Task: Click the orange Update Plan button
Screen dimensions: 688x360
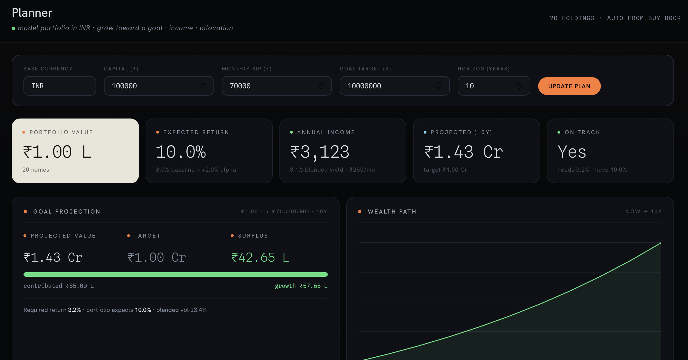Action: click(x=569, y=86)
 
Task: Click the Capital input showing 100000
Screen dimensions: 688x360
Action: click(x=159, y=86)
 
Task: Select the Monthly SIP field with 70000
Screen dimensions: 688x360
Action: click(x=277, y=86)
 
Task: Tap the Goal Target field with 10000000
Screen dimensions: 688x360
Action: click(x=395, y=86)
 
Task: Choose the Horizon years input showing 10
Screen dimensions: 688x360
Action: click(x=494, y=86)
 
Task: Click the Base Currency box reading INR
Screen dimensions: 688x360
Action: click(x=60, y=86)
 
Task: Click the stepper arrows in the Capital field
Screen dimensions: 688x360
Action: click(x=203, y=86)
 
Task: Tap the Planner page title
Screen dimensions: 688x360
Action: click(x=32, y=13)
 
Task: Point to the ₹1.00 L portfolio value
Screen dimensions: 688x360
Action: click(x=57, y=152)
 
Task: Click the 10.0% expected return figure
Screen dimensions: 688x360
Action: click(x=181, y=152)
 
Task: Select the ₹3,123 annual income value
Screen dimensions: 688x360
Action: click(x=320, y=152)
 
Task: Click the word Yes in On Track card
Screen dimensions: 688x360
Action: click(x=572, y=152)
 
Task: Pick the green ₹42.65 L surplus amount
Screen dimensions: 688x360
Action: click(x=260, y=257)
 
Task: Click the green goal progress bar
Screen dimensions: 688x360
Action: click(x=175, y=274)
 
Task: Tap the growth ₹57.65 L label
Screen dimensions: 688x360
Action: click(x=301, y=286)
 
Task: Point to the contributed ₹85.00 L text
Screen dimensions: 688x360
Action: click(x=59, y=286)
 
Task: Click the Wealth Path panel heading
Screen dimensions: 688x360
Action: click(x=392, y=212)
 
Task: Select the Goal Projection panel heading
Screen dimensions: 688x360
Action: click(x=67, y=212)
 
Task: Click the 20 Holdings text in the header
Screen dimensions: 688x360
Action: click(x=572, y=18)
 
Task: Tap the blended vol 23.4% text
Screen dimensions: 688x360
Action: click(x=181, y=310)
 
